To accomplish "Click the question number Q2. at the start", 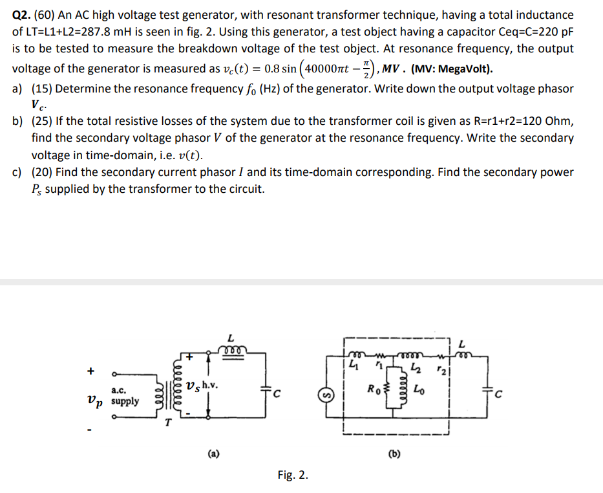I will point(23,15).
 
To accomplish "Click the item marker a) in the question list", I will point(19,89).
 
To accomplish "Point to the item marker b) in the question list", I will point(19,122).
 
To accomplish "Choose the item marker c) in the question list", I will point(19,172).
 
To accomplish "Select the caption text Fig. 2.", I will point(293,476).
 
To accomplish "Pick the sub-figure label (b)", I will point(394,454).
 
